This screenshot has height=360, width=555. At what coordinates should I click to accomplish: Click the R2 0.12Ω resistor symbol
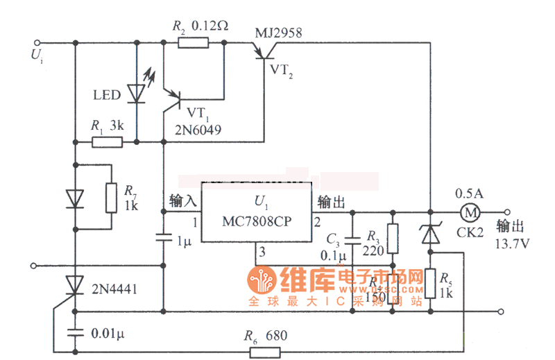pos(193,43)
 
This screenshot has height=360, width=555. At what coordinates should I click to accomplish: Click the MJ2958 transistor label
pos(278,33)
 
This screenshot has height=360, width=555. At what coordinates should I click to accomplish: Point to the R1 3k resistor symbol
pos(107,143)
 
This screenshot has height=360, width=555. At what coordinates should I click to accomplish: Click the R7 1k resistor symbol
pos(112,197)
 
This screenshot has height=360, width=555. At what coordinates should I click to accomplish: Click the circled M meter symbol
pos(471,212)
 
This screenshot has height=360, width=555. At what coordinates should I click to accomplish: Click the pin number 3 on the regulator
pos(262,253)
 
